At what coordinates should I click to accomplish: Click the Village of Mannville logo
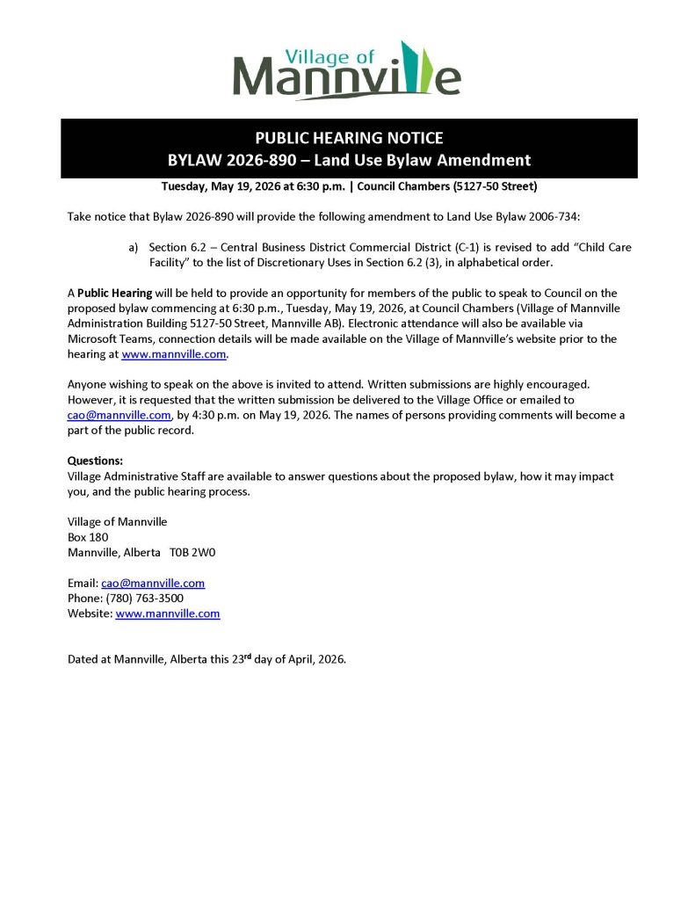[346, 69]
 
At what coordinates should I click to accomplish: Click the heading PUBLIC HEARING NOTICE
[349, 138]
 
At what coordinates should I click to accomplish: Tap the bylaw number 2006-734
[552, 216]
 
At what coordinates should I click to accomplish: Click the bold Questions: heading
[95, 461]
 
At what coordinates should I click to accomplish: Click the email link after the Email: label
[153, 583]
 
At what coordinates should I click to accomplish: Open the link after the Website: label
[167, 613]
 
